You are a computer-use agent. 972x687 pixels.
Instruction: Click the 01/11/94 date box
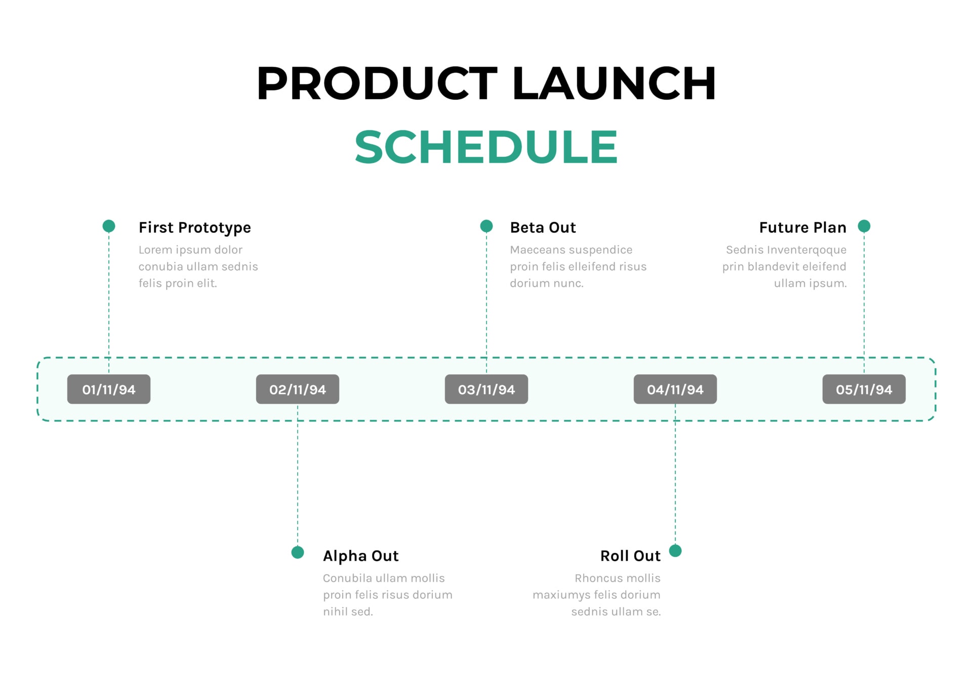click(108, 389)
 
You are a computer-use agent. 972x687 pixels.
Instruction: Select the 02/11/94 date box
click(297, 389)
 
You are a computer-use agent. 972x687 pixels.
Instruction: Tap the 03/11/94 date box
click(486, 389)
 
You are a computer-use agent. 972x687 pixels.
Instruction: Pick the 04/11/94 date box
click(675, 389)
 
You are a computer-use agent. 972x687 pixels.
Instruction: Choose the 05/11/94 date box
click(864, 389)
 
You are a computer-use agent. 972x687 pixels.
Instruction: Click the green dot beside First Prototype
click(108, 226)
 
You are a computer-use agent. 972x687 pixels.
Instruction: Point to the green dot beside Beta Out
click(486, 226)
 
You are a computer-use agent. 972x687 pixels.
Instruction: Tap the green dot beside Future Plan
click(864, 226)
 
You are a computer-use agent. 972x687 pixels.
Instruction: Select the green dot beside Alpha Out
click(297, 552)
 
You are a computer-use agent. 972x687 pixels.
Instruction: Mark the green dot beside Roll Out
click(675, 550)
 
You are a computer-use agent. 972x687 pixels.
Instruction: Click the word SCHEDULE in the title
click(485, 147)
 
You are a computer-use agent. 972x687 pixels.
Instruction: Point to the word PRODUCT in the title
click(377, 83)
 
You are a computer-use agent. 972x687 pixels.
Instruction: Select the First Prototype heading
click(194, 228)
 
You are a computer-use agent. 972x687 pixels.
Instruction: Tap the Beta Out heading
click(543, 228)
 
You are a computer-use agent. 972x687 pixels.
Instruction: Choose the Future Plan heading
click(802, 228)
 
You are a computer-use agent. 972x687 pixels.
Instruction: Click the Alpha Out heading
click(360, 556)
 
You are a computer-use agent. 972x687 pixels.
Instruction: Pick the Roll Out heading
click(630, 556)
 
